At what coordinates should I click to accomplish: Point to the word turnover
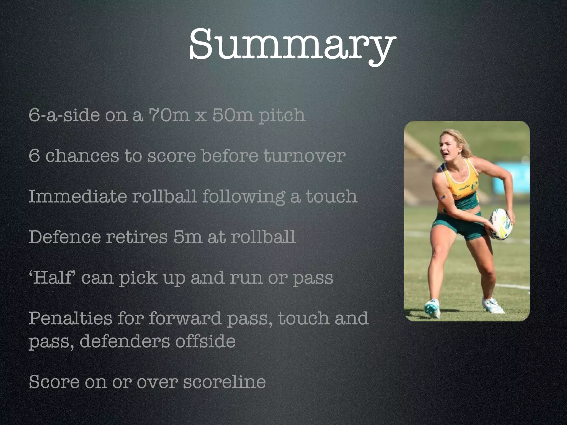[x=304, y=156]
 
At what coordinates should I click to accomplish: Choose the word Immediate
[x=77, y=196]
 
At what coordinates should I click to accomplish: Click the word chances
[x=82, y=156]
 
